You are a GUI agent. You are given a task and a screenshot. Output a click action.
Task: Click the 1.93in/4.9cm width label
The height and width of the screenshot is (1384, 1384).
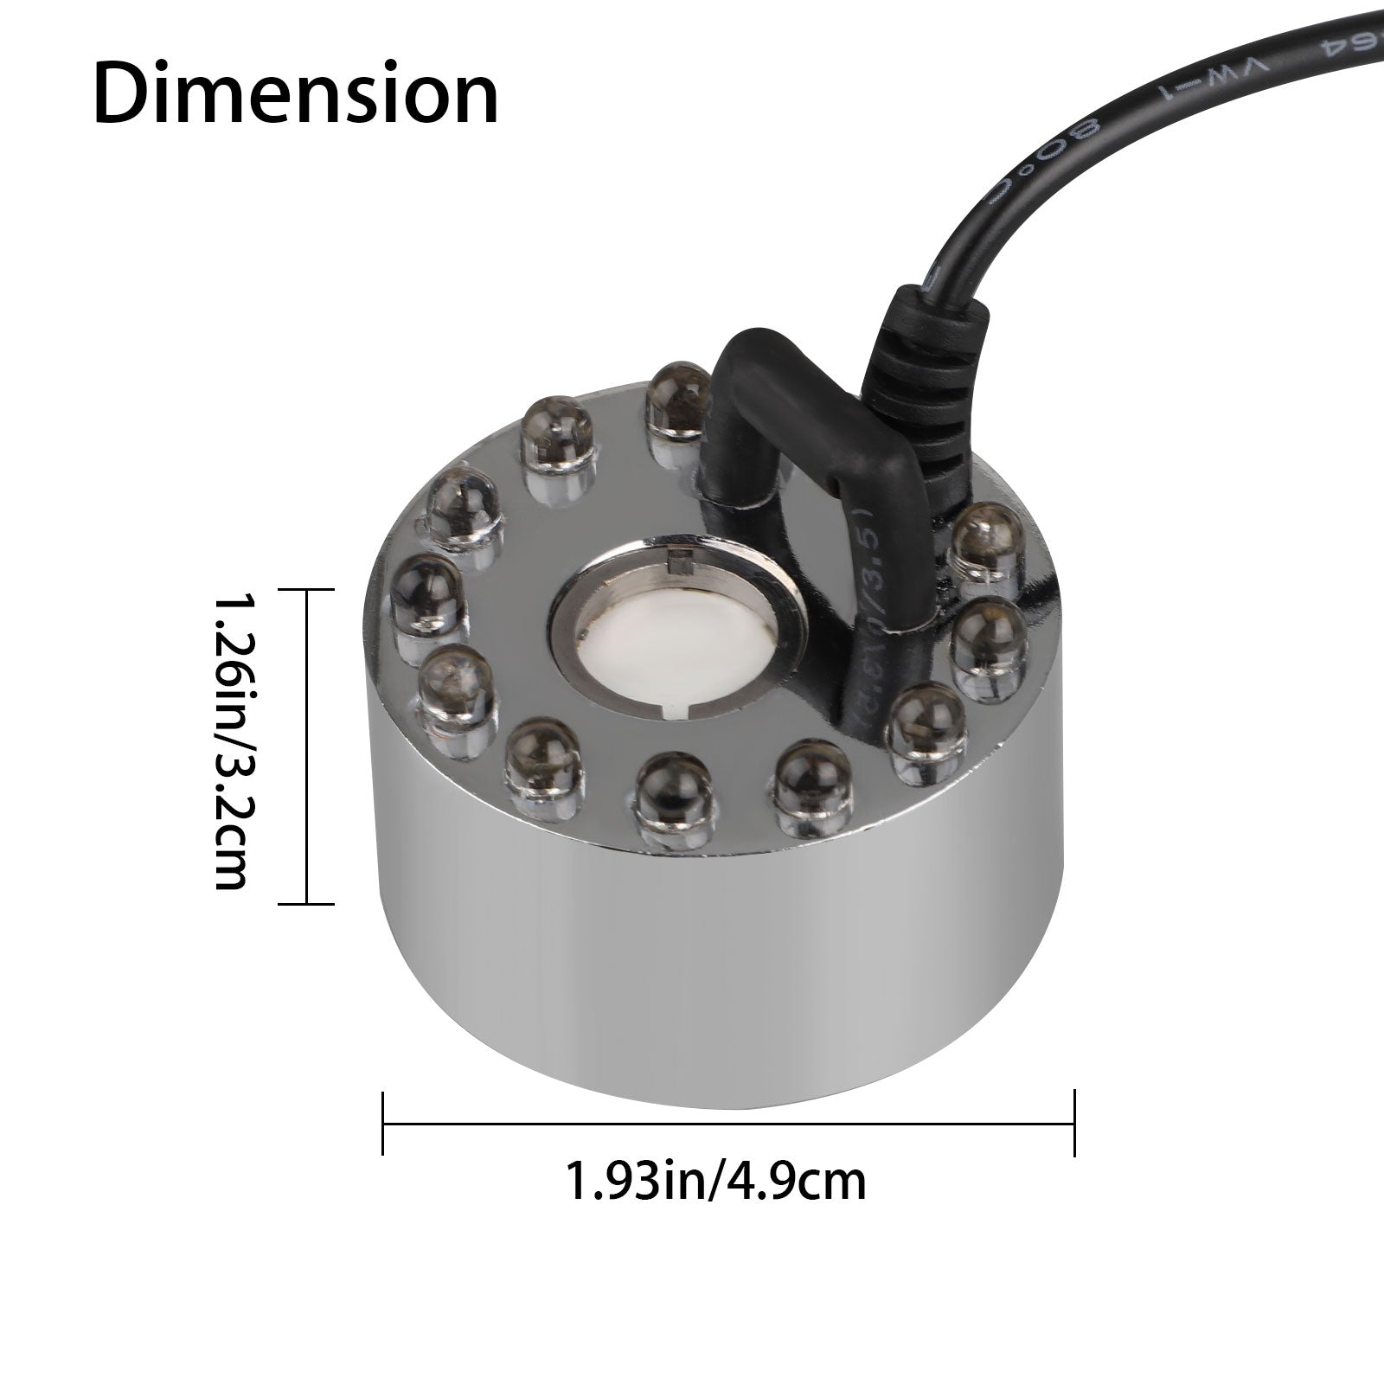(714, 1181)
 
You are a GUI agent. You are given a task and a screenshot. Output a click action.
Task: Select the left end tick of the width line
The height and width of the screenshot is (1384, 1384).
(383, 1124)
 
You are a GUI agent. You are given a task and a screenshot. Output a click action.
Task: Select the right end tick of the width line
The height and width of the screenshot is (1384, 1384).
(1073, 1124)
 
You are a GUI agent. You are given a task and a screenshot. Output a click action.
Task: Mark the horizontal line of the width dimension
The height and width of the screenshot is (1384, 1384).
(727, 1124)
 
